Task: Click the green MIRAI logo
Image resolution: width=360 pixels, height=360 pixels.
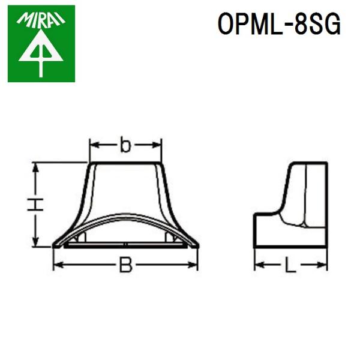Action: [41, 43]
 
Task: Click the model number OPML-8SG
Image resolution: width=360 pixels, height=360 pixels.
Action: [279, 25]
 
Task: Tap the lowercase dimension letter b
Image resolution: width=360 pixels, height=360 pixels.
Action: [125, 145]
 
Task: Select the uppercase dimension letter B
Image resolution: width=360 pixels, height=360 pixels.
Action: [125, 265]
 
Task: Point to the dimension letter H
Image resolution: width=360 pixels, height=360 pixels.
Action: [37, 204]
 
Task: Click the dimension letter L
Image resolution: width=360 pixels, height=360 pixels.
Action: [290, 265]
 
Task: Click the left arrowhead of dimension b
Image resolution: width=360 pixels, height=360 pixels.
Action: [92, 145]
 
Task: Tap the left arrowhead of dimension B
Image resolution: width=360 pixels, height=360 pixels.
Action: [57, 265]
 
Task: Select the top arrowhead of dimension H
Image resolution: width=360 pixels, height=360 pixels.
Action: [37, 166]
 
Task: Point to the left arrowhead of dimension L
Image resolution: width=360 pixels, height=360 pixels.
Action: [259, 265]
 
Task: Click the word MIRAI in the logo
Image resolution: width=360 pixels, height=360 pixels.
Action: [41, 18]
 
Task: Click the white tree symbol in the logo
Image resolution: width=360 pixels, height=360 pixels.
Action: [41, 54]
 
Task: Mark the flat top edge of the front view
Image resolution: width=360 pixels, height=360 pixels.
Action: [125, 162]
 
